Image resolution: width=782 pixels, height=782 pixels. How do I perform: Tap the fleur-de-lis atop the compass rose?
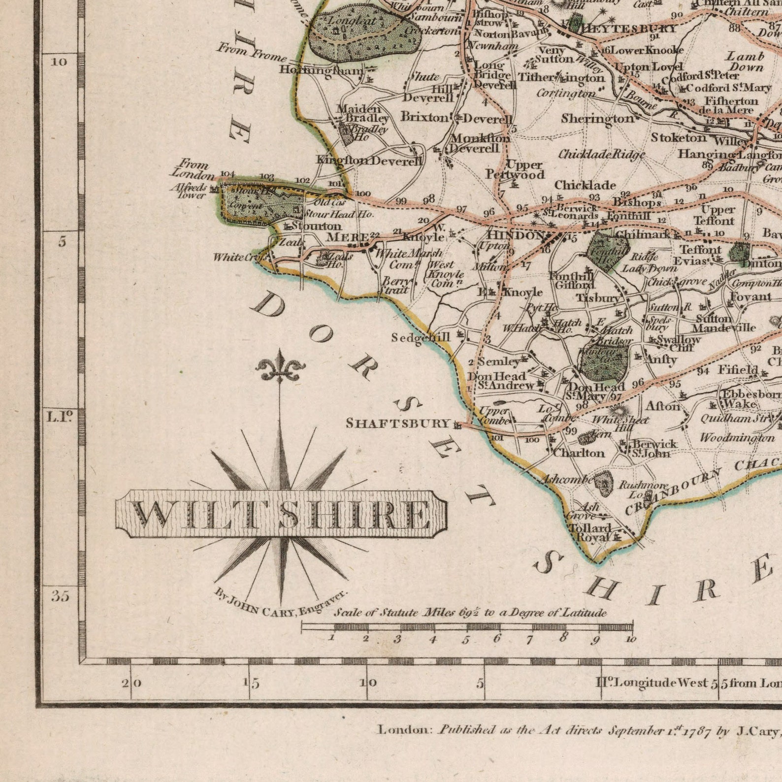pos(280,367)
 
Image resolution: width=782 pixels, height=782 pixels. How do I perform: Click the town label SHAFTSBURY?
pos(398,423)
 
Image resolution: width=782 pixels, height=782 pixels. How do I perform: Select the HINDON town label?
pos(516,235)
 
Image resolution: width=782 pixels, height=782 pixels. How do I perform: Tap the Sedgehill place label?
pos(421,337)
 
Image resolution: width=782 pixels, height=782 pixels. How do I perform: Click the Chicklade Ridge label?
pos(601,155)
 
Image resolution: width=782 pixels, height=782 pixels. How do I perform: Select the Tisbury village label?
pos(598,298)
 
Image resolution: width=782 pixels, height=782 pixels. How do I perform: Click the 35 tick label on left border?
pos(61,596)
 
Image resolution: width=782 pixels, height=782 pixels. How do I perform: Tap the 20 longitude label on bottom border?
pos(132,683)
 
